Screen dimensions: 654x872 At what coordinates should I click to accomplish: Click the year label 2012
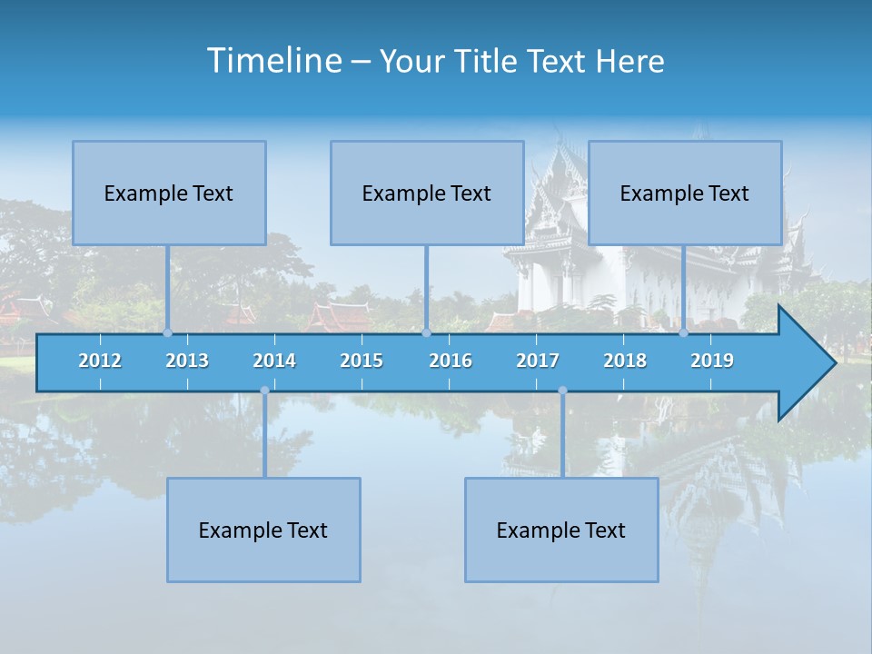(100, 361)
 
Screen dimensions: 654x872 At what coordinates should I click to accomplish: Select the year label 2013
(187, 361)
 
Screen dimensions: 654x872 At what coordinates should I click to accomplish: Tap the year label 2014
(274, 361)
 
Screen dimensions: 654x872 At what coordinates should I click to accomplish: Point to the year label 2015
(362, 361)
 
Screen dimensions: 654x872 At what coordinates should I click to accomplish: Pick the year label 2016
(451, 361)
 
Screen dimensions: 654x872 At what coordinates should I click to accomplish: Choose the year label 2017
(538, 361)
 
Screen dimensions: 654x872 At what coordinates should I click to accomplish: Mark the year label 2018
(625, 361)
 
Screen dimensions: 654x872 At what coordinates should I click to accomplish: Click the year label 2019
(712, 361)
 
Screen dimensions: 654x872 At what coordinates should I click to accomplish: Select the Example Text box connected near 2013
(169, 193)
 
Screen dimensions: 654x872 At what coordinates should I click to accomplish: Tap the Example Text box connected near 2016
(427, 193)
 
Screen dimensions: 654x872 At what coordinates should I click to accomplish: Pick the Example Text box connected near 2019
(685, 193)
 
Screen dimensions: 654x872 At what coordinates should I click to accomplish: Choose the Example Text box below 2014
(263, 530)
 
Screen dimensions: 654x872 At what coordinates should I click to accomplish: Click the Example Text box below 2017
(561, 530)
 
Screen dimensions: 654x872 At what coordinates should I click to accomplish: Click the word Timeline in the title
(272, 61)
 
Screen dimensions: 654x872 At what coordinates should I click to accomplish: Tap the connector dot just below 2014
(264, 391)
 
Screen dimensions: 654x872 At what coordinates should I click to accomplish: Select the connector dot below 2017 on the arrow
(562, 391)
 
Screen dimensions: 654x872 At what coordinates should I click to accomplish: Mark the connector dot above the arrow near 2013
(167, 333)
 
